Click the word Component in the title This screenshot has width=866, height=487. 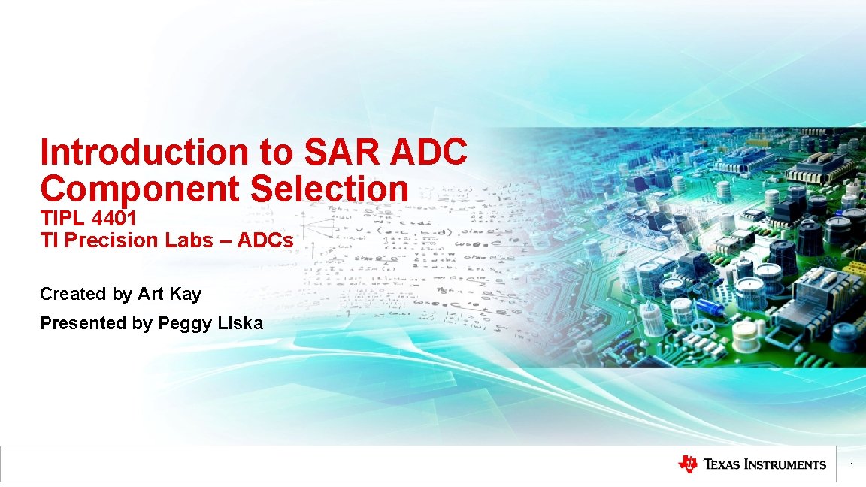point(140,189)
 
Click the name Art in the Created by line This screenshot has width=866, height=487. point(150,294)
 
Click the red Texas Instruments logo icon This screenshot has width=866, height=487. point(687,464)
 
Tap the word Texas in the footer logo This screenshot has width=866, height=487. point(722,465)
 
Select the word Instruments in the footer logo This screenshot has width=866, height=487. point(785,465)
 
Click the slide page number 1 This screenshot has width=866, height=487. point(851,467)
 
